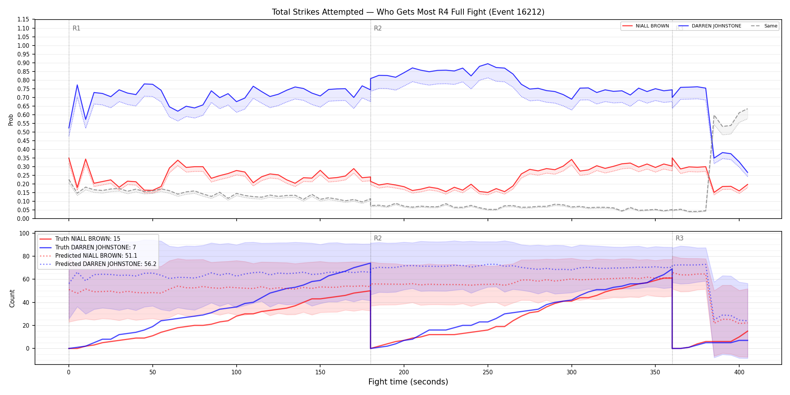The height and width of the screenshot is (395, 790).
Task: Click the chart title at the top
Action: (408, 12)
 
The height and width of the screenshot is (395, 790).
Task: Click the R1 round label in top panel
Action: (76, 28)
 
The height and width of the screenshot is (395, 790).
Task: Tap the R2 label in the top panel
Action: (378, 28)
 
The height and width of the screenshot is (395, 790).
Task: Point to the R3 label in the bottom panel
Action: (679, 238)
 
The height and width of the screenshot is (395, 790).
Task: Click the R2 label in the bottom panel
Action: (378, 238)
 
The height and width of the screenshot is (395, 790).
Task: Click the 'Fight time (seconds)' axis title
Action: (408, 382)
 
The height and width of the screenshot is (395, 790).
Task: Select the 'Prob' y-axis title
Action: (11, 120)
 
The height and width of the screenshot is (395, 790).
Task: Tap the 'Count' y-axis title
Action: (12, 298)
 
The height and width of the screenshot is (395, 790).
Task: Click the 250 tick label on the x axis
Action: (488, 372)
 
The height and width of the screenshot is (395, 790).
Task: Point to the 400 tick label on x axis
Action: (739, 372)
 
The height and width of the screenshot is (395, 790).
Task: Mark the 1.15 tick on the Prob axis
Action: (23, 20)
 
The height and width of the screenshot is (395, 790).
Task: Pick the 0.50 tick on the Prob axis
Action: (23, 132)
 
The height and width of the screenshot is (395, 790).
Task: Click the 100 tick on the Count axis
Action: (24, 233)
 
